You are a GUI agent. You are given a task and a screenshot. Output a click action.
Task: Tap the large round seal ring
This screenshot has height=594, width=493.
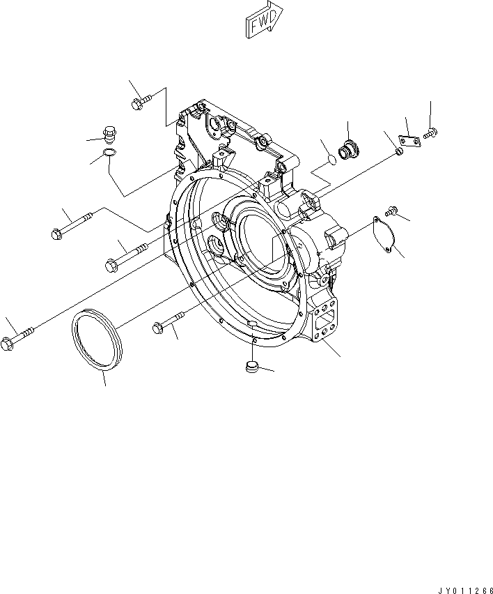[x=97, y=342]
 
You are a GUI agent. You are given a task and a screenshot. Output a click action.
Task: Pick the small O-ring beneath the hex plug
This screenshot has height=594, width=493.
[x=108, y=153]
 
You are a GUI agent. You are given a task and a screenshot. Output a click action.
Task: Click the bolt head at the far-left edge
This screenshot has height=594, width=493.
[x=8, y=344]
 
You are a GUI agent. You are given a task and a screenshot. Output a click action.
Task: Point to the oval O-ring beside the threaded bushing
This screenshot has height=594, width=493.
[x=332, y=160]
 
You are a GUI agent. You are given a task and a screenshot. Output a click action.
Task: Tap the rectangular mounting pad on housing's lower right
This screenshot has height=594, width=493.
[x=326, y=324]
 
